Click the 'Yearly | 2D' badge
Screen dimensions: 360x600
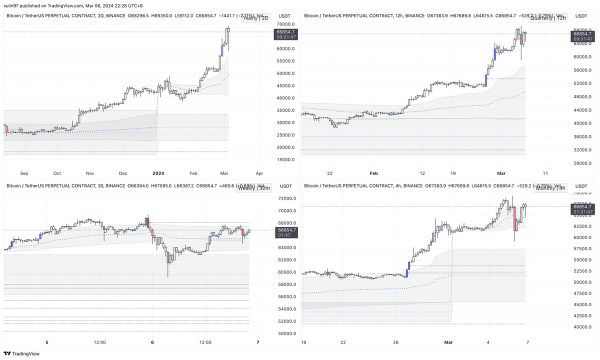pyautogui.click(x=255, y=18)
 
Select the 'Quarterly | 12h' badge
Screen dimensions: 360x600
pyautogui.click(x=550, y=18)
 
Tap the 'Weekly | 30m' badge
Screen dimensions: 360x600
pyautogui.click(x=254, y=188)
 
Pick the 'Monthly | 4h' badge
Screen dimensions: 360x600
pyautogui.click(x=550, y=188)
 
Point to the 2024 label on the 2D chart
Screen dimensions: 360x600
pyautogui.click(x=158, y=173)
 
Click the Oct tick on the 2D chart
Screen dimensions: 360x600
pyautogui.click(x=57, y=173)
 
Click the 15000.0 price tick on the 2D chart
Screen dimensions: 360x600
pyautogui.click(x=285, y=159)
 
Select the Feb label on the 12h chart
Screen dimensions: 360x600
pyautogui.click(x=373, y=173)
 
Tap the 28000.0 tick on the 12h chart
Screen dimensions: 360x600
pyautogui.click(x=582, y=163)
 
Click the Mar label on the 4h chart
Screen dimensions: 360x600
pyautogui.click(x=448, y=342)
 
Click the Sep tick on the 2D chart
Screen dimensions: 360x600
pyautogui.click(x=24, y=173)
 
